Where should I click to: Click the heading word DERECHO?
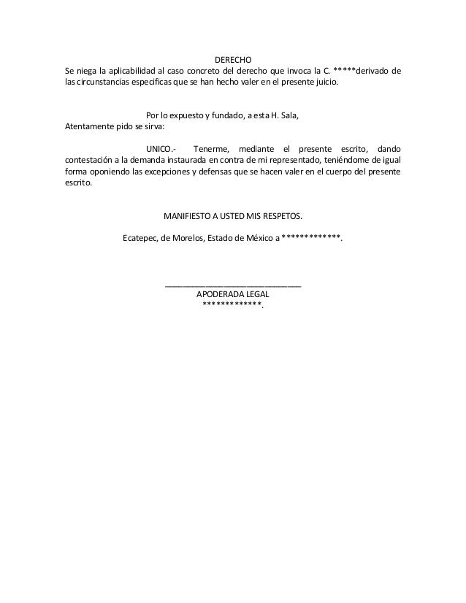click(x=233, y=58)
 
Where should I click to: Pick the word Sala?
click(x=288, y=115)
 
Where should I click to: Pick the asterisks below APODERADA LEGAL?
click(x=232, y=305)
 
